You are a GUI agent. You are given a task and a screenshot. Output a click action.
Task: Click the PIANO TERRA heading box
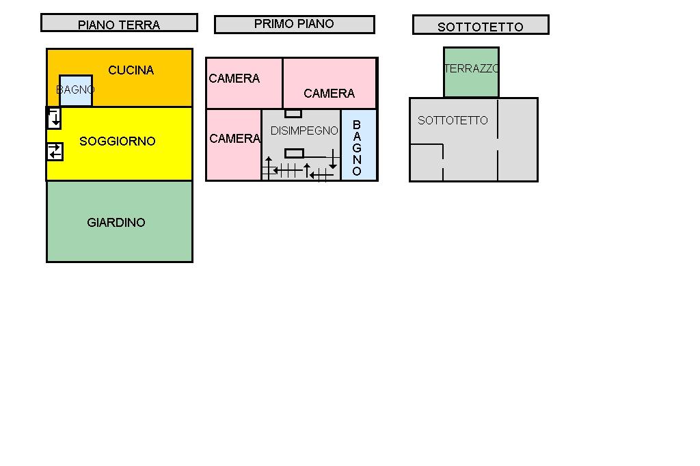[x=119, y=23]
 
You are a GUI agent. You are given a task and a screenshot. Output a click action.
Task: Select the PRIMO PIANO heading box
[x=294, y=24]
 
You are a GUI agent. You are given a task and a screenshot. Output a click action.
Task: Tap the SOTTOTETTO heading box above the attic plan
[x=481, y=25]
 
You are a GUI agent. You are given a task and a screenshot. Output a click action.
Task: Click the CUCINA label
[x=131, y=70]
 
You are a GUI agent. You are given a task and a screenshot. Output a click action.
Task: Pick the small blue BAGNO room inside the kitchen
[x=75, y=91]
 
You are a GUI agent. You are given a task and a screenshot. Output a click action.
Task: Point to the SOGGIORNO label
[x=118, y=141]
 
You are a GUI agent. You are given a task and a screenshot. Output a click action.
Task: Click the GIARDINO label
[x=116, y=223]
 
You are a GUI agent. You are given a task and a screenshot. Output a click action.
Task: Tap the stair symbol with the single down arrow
[x=54, y=118]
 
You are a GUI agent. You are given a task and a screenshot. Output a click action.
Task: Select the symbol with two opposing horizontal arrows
[x=55, y=152]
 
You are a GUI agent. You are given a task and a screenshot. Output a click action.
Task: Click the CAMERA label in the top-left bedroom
[x=234, y=79]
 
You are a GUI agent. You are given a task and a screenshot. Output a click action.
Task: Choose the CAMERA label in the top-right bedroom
[x=329, y=94]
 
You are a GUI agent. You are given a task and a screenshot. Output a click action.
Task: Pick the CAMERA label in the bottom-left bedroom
[x=234, y=139]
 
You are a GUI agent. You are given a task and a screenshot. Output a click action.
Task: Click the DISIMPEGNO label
[x=304, y=131]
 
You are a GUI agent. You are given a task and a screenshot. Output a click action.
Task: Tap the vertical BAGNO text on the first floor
[x=357, y=148]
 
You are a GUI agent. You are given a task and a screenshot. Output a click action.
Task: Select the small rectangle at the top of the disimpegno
[x=293, y=113]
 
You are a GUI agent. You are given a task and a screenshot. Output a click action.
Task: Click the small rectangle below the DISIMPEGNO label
[x=294, y=153]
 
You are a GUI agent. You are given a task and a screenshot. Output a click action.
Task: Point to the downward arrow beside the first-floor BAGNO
[x=333, y=160]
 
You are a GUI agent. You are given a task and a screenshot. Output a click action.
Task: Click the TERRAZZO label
[x=471, y=69]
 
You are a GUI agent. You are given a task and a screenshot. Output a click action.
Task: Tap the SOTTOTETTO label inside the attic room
[x=453, y=120]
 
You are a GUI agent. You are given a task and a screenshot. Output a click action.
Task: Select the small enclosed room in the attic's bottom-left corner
[x=426, y=163]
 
